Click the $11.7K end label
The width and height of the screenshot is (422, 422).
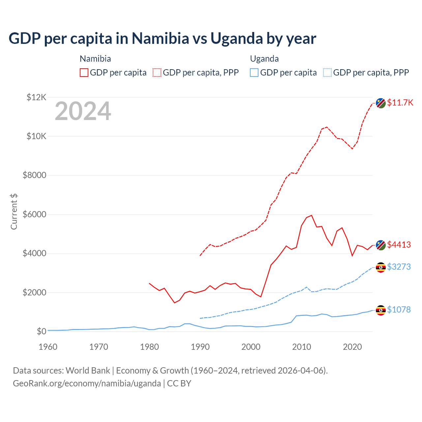click(x=400, y=103)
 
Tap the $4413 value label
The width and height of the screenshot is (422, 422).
click(x=399, y=245)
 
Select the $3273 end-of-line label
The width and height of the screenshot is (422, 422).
click(x=399, y=267)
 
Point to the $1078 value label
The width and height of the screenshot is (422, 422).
click(x=399, y=310)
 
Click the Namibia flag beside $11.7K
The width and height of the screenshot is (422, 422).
click(x=381, y=103)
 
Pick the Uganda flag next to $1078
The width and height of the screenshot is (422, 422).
click(x=381, y=310)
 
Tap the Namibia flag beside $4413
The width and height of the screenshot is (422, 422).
click(x=381, y=245)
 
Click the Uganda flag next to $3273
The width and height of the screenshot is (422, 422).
click(x=381, y=267)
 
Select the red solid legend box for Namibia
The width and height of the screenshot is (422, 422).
click(x=84, y=73)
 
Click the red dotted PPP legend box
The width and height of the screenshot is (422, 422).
click(x=157, y=73)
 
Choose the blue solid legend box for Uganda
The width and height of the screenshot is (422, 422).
click(x=254, y=73)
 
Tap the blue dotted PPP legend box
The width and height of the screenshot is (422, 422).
click(x=327, y=73)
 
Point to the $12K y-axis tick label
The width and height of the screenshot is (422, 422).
click(x=37, y=97)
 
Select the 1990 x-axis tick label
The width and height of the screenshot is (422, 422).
click(x=200, y=347)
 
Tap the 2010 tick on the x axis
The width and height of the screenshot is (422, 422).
click(x=302, y=347)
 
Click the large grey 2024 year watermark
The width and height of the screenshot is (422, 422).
click(x=83, y=111)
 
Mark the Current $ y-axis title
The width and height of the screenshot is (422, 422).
click(x=14, y=211)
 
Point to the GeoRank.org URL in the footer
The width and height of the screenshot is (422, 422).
click(x=87, y=383)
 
